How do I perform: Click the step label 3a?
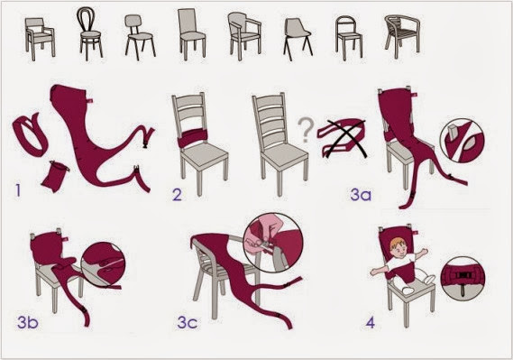pos(361,194)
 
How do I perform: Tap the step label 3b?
pos(28,322)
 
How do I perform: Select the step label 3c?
pos(188,322)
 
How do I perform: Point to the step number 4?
pos(370,323)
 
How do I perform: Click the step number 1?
pos(18,189)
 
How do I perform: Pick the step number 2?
pos(177,194)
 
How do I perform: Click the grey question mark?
pos(306,130)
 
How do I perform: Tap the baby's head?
pos(398,248)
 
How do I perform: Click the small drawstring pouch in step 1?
pos(55,177)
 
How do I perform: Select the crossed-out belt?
pos(343,137)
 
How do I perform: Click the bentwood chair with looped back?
pos(89,32)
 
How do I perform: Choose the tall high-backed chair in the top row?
pos(192,33)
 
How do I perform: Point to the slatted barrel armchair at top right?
pos(402,36)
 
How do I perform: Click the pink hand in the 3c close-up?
pos(261,234)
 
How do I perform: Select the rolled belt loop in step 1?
pos(30,134)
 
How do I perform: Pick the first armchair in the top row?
pos(40,39)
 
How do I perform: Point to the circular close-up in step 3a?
pos(463,141)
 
